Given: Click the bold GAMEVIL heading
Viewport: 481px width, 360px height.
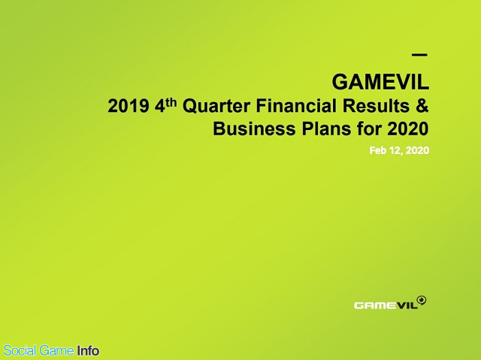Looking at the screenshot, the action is [x=380, y=82].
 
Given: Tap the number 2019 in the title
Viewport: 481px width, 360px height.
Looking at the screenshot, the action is [x=129, y=106].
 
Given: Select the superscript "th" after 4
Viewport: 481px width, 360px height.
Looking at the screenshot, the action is [x=171, y=102].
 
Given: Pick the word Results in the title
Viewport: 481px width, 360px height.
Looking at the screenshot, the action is [x=376, y=106].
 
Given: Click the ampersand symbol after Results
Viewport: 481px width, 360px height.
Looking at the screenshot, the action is [x=422, y=106].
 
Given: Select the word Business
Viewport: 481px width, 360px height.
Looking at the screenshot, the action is [x=254, y=129].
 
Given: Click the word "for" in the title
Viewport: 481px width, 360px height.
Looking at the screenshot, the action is [x=369, y=129].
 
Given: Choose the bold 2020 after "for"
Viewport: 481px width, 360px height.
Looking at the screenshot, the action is [x=408, y=129].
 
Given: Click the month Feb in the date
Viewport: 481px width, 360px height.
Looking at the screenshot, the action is [x=378, y=150].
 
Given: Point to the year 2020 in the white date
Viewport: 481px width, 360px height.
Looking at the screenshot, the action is [x=418, y=150].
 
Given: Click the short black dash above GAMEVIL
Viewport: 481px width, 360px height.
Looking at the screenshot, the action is [x=419, y=55].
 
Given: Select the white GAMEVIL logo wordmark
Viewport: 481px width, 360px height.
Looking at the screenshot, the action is [x=386, y=305].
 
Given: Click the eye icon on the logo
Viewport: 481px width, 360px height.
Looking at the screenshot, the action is [x=422, y=300].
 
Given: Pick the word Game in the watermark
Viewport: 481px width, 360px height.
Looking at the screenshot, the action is [x=57, y=350].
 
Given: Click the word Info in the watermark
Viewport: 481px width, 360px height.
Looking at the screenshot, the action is [x=88, y=350].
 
